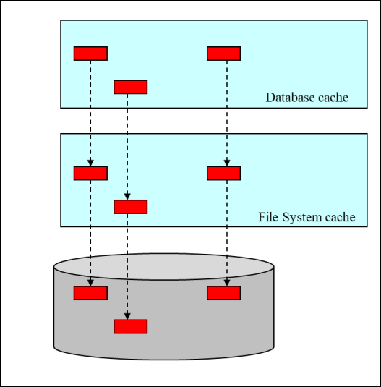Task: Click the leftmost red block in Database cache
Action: tap(90, 54)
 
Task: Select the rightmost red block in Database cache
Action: tap(223, 54)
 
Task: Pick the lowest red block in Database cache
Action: tap(130, 87)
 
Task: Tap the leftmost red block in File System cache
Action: tap(90, 174)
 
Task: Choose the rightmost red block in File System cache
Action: tap(223, 174)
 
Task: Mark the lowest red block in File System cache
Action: tap(130, 207)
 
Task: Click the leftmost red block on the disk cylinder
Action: tap(90, 293)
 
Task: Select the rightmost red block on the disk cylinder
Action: tap(223, 293)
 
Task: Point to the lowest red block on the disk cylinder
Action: tap(130, 326)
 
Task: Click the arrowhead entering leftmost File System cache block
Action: tap(90, 163)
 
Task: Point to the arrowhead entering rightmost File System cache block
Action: tap(227, 163)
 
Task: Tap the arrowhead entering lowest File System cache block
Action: tap(127, 197)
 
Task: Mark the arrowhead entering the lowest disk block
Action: tap(127, 316)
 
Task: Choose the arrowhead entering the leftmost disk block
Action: tap(90, 283)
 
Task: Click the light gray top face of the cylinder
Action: tap(163, 266)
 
